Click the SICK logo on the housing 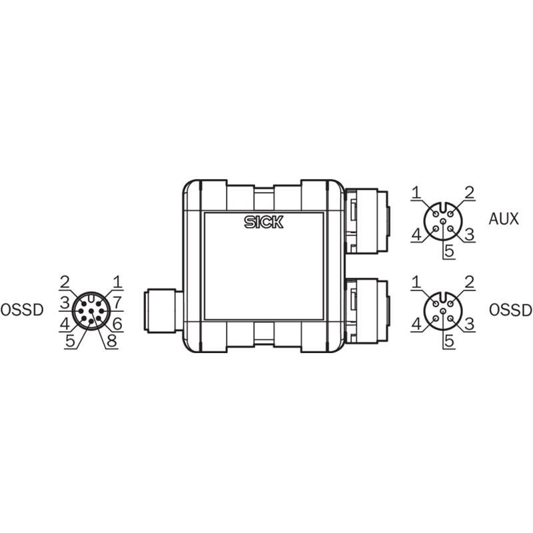(264, 222)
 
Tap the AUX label (504, 219)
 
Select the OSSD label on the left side (22, 310)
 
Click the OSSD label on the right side (510, 310)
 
